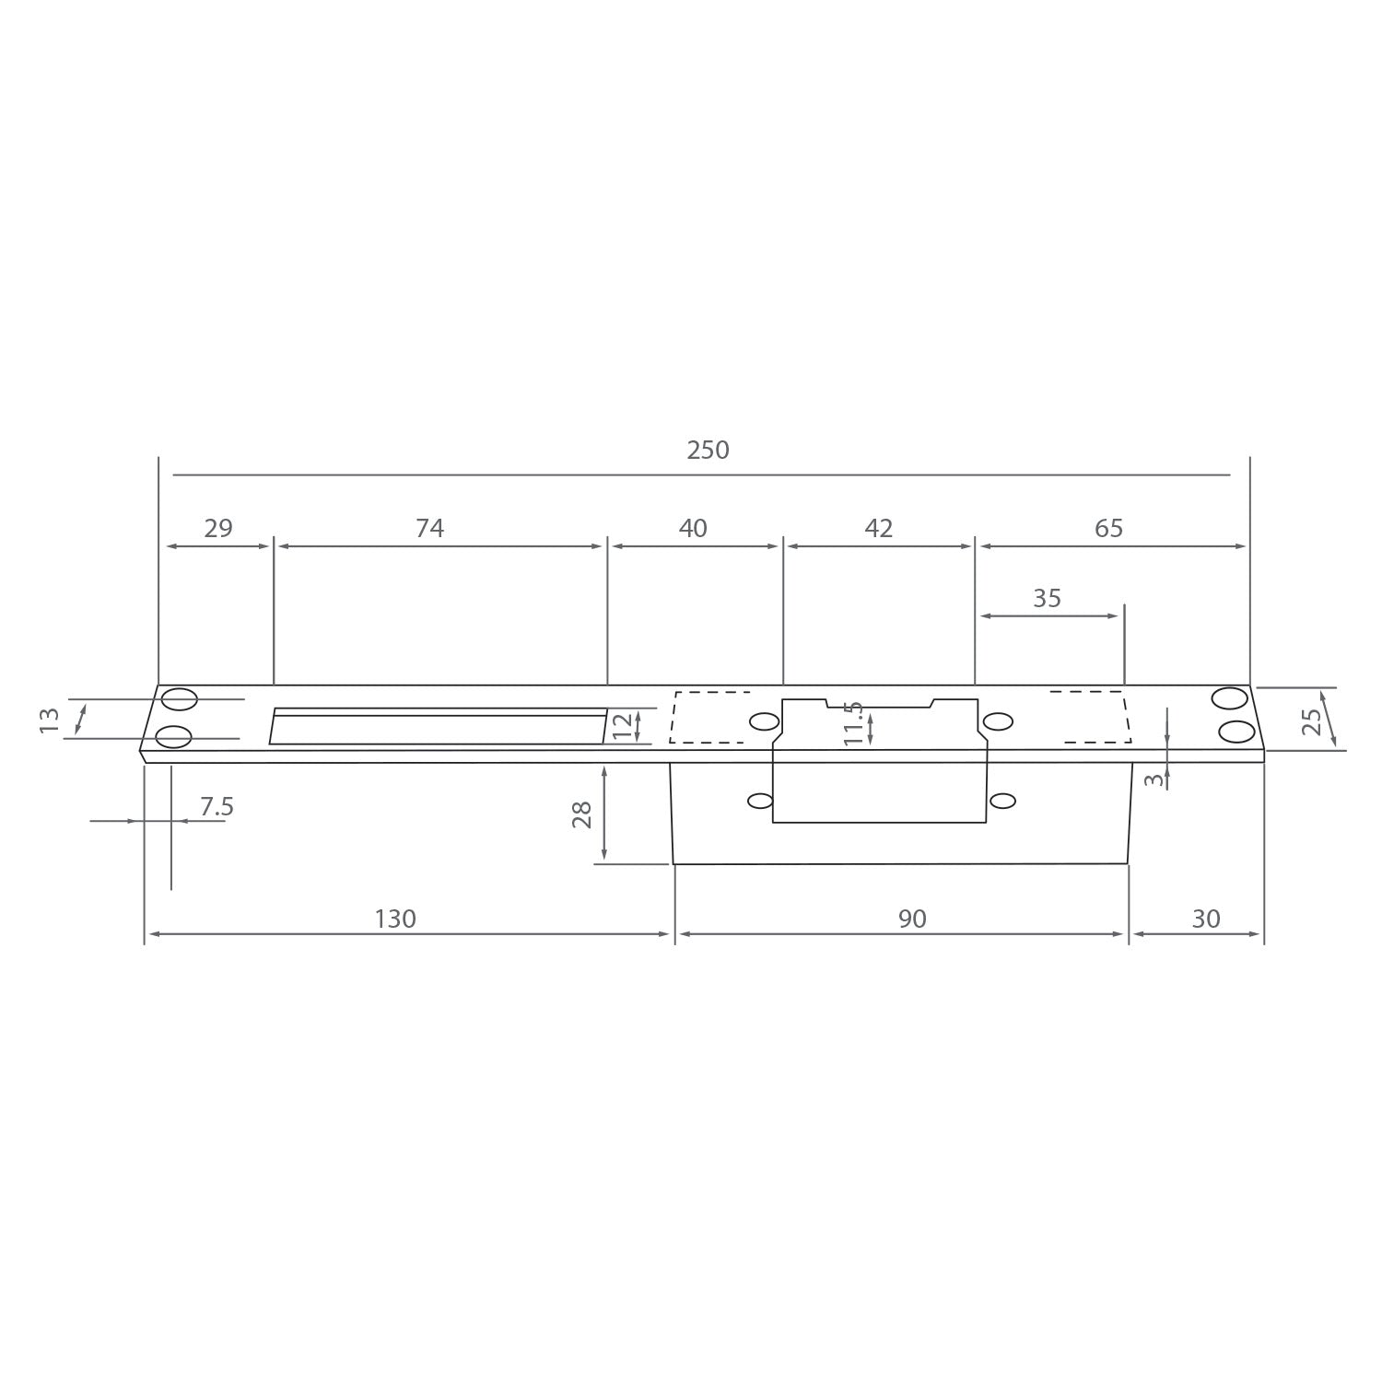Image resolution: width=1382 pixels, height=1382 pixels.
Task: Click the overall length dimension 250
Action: point(708,450)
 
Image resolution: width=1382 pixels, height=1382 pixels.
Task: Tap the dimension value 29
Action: point(218,528)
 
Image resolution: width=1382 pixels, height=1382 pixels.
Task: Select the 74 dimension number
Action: point(429,528)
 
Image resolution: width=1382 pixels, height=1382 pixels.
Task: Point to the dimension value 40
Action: point(693,528)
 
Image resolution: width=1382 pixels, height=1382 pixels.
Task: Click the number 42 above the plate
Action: point(879,528)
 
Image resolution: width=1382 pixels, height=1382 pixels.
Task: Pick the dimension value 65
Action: point(1108,528)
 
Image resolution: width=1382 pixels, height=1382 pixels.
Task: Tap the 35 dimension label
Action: point(1047,599)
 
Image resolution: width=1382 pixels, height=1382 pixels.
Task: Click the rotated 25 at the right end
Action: point(1312,720)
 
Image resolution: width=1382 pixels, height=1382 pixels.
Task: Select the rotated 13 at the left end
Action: point(50,720)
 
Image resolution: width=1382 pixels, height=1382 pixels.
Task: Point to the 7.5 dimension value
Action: point(217,807)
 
